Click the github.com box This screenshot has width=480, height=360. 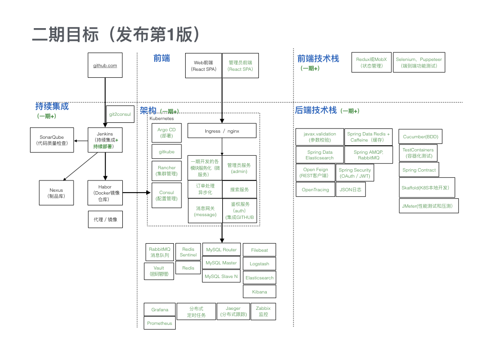105,65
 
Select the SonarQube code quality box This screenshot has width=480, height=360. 52,140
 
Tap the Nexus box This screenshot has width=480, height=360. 56,193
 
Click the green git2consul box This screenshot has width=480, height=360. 120,114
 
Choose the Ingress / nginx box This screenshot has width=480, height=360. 222,131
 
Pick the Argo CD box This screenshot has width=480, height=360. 166,133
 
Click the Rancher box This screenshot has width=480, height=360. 166,171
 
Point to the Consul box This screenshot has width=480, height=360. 166,195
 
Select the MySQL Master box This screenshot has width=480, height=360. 221,263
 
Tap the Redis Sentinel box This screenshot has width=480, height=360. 188,252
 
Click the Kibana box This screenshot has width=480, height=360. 259,292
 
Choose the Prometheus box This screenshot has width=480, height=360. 159,323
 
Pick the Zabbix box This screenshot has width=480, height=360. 263,311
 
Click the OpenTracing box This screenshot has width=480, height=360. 315,190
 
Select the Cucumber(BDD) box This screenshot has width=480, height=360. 420,136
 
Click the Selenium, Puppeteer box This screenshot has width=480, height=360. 419,62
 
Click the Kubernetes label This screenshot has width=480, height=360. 161,119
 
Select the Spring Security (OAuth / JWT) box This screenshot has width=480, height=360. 355,172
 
